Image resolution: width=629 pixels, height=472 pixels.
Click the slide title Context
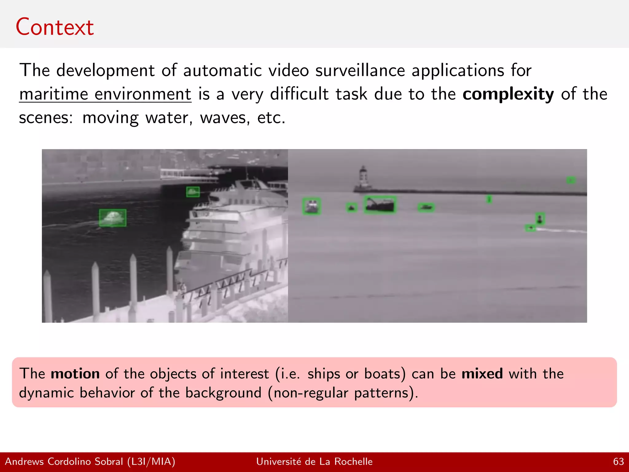(x=55, y=27)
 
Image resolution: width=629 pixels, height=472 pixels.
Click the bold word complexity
(x=508, y=94)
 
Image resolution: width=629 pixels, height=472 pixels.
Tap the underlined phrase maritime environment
(x=105, y=94)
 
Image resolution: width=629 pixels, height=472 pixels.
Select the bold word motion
(x=75, y=374)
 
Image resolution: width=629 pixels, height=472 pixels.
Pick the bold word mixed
(x=482, y=374)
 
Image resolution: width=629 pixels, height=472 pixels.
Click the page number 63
(x=618, y=462)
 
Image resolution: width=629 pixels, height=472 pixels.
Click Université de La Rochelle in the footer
(x=314, y=462)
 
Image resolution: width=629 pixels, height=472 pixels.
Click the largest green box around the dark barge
(x=380, y=205)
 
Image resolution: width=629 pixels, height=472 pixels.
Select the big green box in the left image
(x=113, y=218)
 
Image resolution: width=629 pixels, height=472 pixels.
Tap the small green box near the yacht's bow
(x=193, y=192)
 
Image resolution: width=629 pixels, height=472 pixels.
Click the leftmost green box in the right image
(x=311, y=206)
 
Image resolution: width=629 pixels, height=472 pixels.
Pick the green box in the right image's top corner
(x=571, y=180)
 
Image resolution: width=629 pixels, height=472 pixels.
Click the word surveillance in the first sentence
(x=360, y=70)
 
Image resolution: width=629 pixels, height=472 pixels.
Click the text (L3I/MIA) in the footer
(x=151, y=462)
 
